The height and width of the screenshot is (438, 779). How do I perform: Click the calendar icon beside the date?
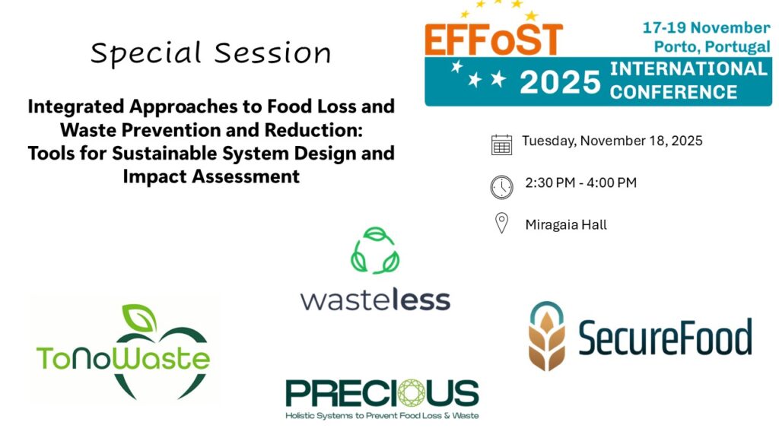[501, 144]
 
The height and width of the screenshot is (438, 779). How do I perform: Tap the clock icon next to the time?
[502, 187]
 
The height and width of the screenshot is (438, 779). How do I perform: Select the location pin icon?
[502, 223]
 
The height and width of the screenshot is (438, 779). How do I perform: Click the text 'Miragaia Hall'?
[566, 225]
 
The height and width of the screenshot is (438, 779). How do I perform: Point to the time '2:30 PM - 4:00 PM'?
[580, 182]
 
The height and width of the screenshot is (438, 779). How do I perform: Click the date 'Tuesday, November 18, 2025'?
[612, 141]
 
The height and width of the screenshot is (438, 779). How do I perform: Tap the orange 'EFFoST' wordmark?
[494, 40]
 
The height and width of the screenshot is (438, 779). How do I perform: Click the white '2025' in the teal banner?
[561, 82]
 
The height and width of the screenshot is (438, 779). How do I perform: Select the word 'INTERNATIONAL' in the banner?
[688, 68]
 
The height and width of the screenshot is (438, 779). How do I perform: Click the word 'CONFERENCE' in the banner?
[673, 92]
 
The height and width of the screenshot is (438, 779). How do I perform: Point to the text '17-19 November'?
[706, 28]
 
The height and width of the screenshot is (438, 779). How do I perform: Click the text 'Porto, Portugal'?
[712, 46]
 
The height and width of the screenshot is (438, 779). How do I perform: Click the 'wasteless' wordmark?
[375, 300]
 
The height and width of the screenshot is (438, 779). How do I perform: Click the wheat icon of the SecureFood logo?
[547, 336]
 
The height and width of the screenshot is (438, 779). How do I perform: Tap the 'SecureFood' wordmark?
[665, 337]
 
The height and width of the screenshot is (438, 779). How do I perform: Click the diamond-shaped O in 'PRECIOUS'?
[412, 392]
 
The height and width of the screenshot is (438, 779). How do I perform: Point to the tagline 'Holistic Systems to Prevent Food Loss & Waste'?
[382, 416]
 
